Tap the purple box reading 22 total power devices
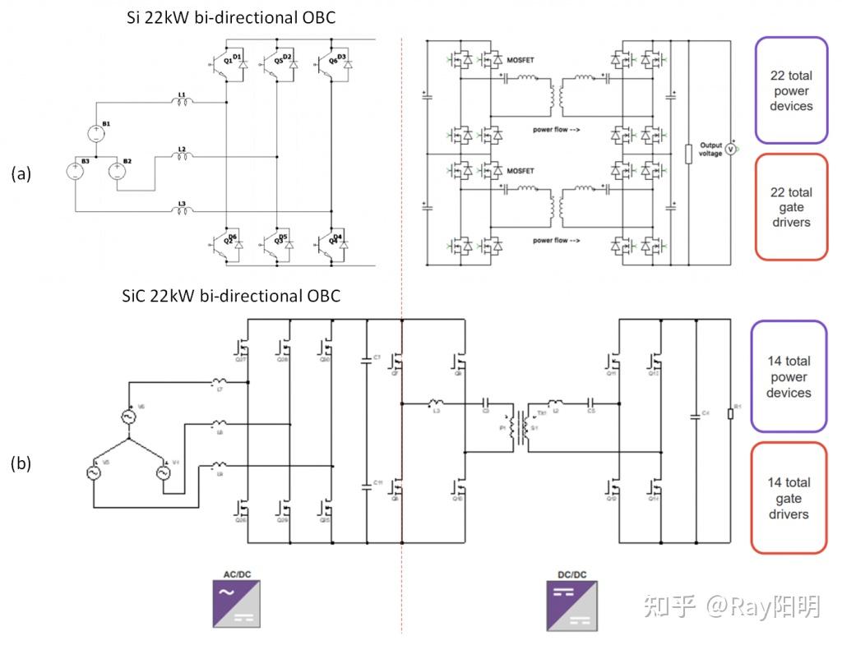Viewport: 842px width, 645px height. click(x=790, y=90)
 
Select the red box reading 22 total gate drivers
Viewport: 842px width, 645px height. click(x=790, y=207)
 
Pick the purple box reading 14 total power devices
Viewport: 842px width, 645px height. click(x=788, y=376)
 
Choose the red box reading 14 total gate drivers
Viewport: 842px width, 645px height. click(x=788, y=498)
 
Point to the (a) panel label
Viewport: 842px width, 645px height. click(x=21, y=173)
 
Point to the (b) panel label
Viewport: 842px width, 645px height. click(x=21, y=463)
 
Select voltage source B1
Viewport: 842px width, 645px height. click(x=96, y=132)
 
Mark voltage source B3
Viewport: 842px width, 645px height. click(x=74, y=171)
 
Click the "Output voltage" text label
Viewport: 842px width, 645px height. click(x=709, y=150)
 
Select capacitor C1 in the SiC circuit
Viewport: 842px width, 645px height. click(x=367, y=359)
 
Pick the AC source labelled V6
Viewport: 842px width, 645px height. click(x=130, y=417)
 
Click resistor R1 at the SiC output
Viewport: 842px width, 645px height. click(x=730, y=413)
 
